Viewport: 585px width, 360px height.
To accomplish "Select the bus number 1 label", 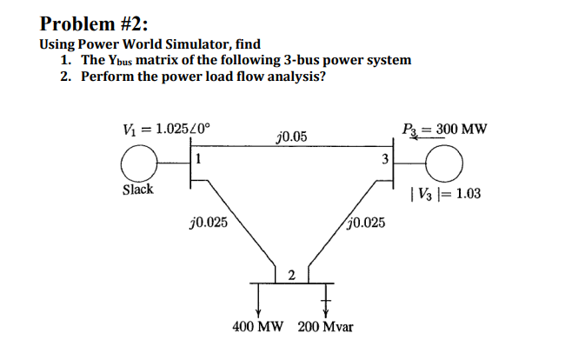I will click(199, 158).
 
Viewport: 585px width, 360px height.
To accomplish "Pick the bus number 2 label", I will click(291, 276).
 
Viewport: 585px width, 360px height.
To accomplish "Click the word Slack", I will click(137, 190).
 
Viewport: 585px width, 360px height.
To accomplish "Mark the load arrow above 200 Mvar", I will click(327, 300).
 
